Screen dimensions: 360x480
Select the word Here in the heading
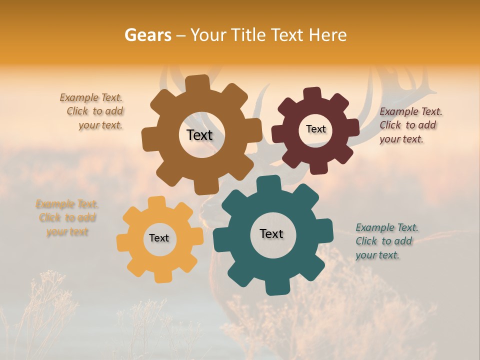(x=328, y=35)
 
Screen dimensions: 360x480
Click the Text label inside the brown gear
(x=199, y=135)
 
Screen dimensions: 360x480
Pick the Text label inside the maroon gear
(x=315, y=129)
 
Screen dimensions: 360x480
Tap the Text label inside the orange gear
(x=159, y=238)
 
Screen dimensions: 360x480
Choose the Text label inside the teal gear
(x=271, y=233)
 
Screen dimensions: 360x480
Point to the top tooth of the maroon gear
(x=312, y=94)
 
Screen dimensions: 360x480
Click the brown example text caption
(x=93, y=111)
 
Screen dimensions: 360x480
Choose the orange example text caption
(x=67, y=217)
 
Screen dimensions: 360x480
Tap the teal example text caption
(x=386, y=241)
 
